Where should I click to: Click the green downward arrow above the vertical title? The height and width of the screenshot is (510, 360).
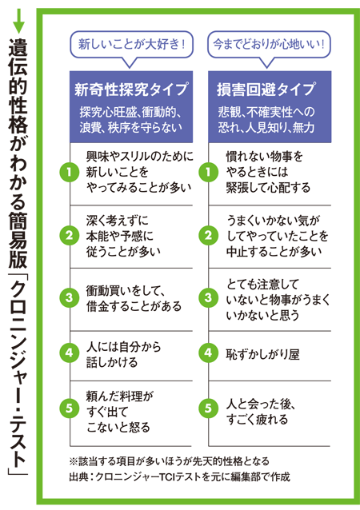pyautogui.click(x=19, y=21)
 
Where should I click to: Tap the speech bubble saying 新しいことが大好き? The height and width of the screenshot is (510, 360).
pyautogui.click(x=131, y=45)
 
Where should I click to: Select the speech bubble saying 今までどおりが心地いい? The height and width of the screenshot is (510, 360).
pyautogui.click(x=269, y=45)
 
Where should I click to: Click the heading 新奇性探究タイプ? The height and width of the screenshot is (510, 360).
pyautogui.click(x=131, y=90)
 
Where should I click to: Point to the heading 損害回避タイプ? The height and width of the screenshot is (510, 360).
pyautogui.click(x=266, y=90)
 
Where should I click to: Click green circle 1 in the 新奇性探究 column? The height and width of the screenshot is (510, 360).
pyautogui.click(x=70, y=172)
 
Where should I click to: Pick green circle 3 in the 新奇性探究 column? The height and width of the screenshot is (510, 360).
pyautogui.click(x=70, y=297)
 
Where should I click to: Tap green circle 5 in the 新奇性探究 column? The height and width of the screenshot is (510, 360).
pyautogui.click(x=70, y=408)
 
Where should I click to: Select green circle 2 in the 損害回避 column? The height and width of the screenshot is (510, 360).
pyautogui.click(x=208, y=235)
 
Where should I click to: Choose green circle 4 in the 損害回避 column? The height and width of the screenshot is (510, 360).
pyautogui.click(x=208, y=353)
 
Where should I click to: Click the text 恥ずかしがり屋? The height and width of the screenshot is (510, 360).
pyautogui.click(x=262, y=354)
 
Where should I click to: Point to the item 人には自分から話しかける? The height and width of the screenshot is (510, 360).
pyautogui.click(x=124, y=355)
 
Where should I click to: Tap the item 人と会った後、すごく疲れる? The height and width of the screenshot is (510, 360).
pyautogui.click(x=261, y=412)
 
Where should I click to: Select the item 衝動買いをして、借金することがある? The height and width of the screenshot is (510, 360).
pyautogui.click(x=134, y=298)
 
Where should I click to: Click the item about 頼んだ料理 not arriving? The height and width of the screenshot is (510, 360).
pyautogui.click(x=119, y=412)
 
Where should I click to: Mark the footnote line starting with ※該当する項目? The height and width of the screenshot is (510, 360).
pyautogui.click(x=170, y=461)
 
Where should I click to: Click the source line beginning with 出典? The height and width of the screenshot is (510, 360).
pyautogui.click(x=179, y=476)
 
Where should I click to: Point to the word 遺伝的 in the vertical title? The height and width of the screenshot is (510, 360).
pyautogui.click(x=18, y=67)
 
